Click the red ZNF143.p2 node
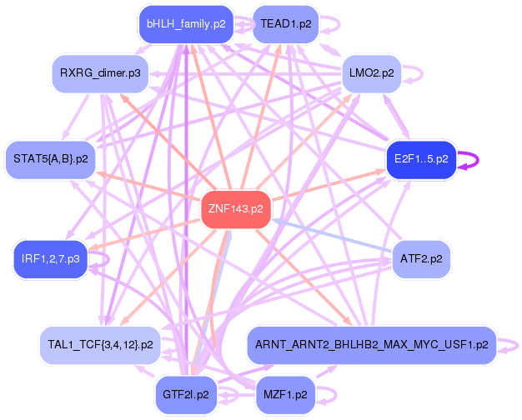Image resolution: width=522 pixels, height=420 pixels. (236, 209)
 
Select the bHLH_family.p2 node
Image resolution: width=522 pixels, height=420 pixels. (185, 24)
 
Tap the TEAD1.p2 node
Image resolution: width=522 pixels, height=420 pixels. (286, 24)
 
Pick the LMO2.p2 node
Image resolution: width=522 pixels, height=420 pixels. (372, 73)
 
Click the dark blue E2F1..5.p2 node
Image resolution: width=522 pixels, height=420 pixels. (421, 157)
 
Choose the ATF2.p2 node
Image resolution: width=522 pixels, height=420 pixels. (421, 258)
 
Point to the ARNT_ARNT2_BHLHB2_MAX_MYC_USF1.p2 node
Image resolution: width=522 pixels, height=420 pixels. (372, 343)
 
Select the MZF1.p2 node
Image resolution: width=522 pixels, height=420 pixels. (286, 393)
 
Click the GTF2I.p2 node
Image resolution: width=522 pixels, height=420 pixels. (186, 393)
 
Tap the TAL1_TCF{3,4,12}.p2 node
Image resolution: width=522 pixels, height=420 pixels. (100, 343)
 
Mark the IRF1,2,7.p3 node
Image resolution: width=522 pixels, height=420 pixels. (51, 259)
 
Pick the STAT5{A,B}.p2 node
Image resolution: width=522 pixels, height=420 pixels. (51, 157)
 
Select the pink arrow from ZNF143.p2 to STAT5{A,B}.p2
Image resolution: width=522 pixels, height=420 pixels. (150, 186)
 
